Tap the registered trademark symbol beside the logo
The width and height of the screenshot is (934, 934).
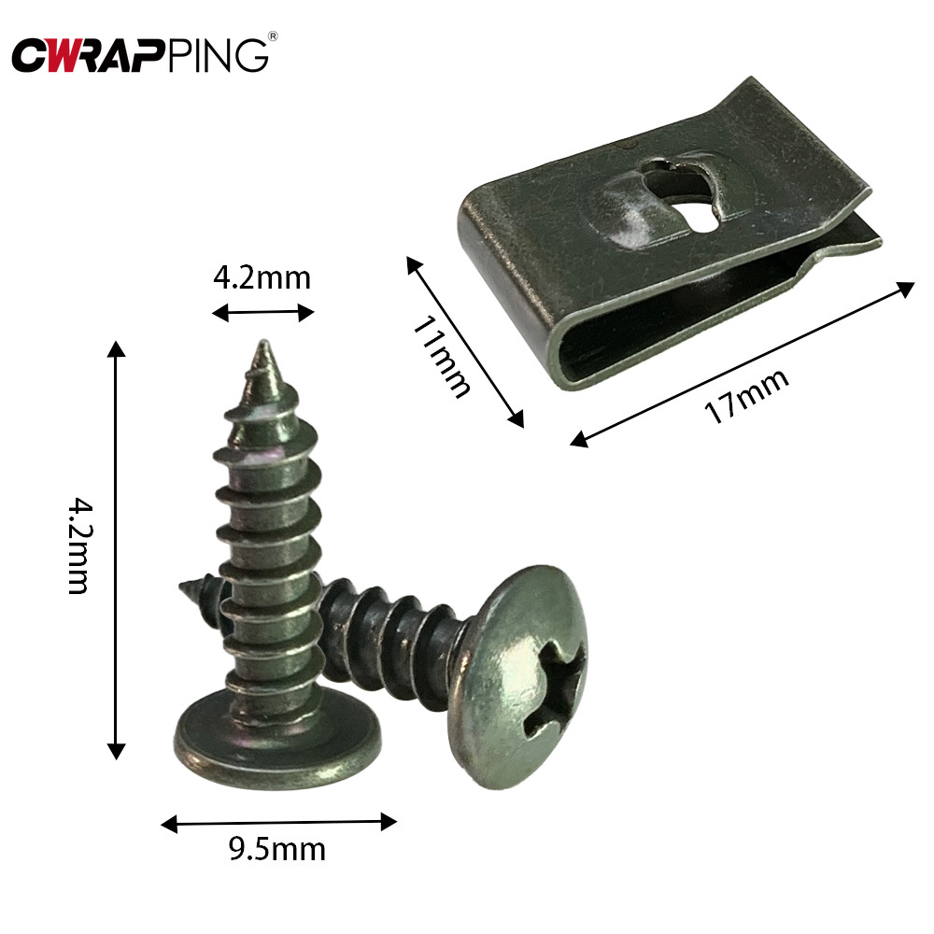coord(273,37)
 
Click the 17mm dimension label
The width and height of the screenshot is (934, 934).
coord(746,396)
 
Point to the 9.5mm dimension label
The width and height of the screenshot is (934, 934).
coord(277,850)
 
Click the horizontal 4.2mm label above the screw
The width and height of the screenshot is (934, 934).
coord(262,277)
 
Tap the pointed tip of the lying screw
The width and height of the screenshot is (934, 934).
coord(183,587)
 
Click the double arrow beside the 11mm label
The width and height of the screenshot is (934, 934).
coord(464,342)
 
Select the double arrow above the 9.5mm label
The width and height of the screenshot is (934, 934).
coord(278,822)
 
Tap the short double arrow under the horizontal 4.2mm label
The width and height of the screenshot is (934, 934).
coord(262,313)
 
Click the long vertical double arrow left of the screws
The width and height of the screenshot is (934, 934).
coord(116,550)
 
